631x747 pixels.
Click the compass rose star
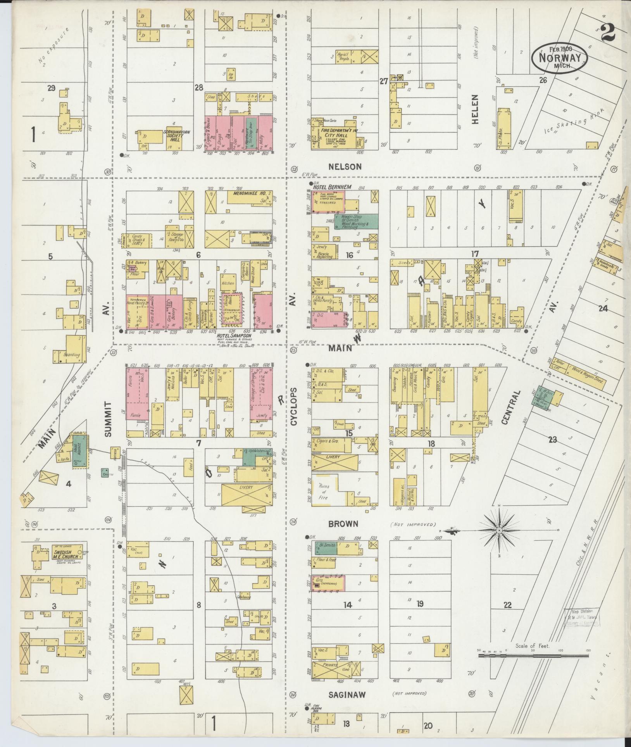point(500,530)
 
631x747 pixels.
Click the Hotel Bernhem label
point(332,187)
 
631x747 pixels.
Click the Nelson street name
point(345,167)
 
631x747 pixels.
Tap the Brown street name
point(343,523)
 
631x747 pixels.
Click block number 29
point(51,88)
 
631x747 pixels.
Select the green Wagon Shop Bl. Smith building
point(356,221)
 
